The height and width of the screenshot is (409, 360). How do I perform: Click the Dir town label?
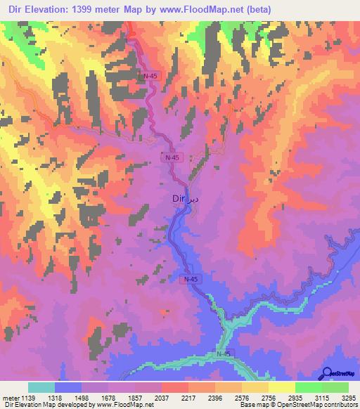click(179, 200)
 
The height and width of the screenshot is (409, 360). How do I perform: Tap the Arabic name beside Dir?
click(195, 199)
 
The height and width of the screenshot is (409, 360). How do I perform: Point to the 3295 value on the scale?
click(348, 398)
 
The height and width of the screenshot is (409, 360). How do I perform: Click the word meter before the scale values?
click(10, 398)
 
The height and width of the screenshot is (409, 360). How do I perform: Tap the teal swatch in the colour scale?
click(41, 387)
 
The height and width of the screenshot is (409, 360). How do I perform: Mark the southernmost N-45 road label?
click(224, 353)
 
